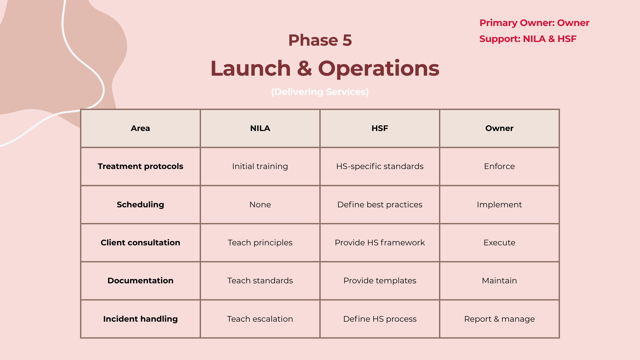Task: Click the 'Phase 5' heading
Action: [x=320, y=40]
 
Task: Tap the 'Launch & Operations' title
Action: [x=325, y=68]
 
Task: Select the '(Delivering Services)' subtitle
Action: [x=320, y=92]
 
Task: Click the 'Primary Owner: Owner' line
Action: [x=534, y=23]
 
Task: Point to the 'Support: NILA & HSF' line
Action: [x=528, y=39]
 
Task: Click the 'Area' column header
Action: [x=140, y=128]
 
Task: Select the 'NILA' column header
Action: [x=260, y=128]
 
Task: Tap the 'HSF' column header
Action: [x=380, y=128]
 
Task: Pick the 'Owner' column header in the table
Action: [x=499, y=128]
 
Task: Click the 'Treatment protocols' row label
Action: [x=140, y=166]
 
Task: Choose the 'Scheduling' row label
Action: [x=140, y=205]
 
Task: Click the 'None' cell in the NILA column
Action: [x=260, y=205]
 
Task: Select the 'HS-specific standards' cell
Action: [x=380, y=166]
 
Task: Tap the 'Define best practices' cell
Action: [x=380, y=205]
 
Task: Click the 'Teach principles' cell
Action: [x=260, y=243]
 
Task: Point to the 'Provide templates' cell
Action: [x=380, y=281]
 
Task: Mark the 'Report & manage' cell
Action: [x=499, y=319]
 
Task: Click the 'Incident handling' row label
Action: [x=140, y=319]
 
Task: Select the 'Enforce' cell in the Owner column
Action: [x=499, y=166]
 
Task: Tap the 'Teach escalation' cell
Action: [x=260, y=319]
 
